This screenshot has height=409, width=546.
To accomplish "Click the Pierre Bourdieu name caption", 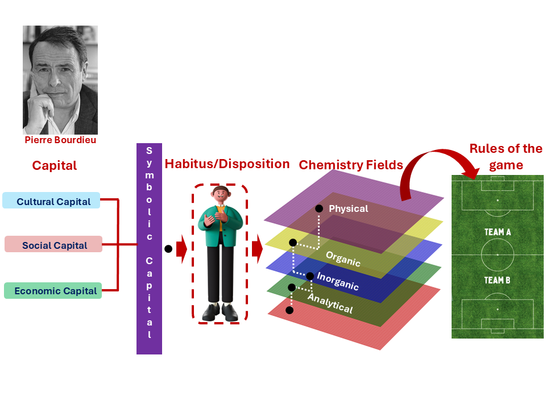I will tap(60, 140).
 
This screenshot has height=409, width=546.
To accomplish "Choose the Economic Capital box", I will tap(53, 291).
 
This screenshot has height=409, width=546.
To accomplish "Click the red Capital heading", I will tap(54, 166).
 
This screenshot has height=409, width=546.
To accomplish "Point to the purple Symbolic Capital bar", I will tap(149, 250).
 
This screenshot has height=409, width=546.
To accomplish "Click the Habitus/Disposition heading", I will tap(227, 165).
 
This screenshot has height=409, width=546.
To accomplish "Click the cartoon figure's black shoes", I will tap(220, 311).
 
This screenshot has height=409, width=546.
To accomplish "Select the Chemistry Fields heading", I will tap(350, 165).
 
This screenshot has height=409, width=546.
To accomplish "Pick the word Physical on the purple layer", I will tap(348, 208).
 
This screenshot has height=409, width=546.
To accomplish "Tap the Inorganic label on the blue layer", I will tap(337, 281).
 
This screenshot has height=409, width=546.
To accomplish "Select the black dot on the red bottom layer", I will tap(289, 310).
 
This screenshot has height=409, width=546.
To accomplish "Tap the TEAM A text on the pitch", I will tap(498, 232).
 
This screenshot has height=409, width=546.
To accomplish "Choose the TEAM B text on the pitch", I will tap(498, 280).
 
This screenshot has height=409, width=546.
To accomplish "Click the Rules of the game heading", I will tap(506, 156).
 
